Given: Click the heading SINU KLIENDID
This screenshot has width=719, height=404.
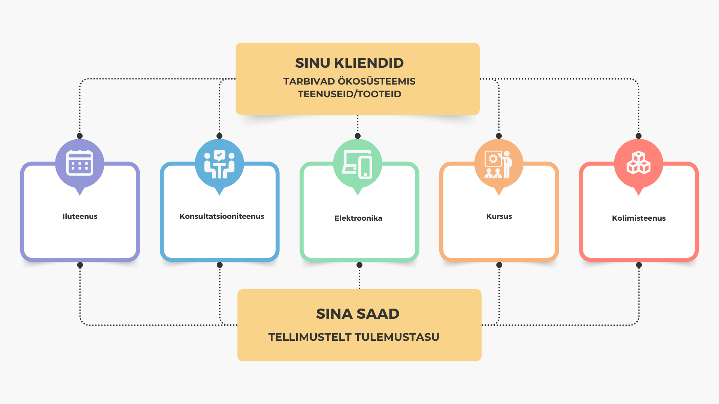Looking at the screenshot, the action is pyautogui.click(x=349, y=63).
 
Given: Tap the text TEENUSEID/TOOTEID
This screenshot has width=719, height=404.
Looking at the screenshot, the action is pyautogui.click(x=349, y=94).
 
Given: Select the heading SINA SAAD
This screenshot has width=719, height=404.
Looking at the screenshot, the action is pyautogui.click(x=358, y=313).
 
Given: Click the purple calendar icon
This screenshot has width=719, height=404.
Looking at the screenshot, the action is pyautogui.click(x=79, y=163).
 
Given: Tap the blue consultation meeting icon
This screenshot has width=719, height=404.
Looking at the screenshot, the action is pyautogui.click(x=219, y=164).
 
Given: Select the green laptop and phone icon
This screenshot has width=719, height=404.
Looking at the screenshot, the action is pyautogui.click(x=358, y=164).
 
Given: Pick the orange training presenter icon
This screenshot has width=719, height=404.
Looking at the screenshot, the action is pyautogui.click(x=498, y=164).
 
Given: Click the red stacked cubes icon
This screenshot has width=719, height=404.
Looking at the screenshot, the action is pyautogui.click(x=638, y=163).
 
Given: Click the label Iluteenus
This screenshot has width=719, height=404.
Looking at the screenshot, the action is pyautogui.click(x=80, y=216).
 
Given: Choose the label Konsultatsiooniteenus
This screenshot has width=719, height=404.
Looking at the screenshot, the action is pyautogui.click(x=222, y=216).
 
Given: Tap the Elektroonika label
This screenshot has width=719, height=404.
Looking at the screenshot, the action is pyautogui.click(x=358, y=218).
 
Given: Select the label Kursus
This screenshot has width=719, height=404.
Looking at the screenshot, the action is pyautogui.click(x=499, y=216).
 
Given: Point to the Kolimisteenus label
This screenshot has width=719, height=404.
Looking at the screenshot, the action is pyautogui.click(x=639, y=218).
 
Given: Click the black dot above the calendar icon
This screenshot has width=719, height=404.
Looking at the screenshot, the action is pyautogui.click(x=80, y=136).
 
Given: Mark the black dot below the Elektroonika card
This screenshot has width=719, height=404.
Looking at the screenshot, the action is pyautogui.click(x=359, y=265).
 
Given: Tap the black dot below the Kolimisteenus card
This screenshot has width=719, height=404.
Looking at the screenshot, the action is pyautogui.click(x=639, y=265).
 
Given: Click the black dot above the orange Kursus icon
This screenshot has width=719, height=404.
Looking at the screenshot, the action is pyautogui.click(x=499, y=136).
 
